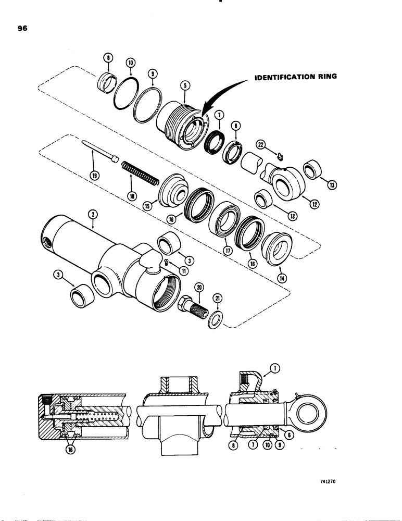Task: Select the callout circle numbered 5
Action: [183, 84]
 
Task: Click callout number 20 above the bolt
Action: [198, 288]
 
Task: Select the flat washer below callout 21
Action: [214, 318]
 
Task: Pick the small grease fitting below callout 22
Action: [280, 155]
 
